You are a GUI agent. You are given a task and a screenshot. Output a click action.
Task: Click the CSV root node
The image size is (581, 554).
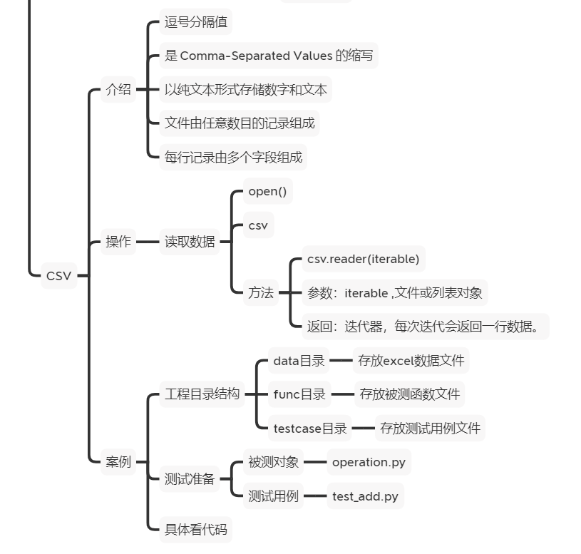pos(58,276)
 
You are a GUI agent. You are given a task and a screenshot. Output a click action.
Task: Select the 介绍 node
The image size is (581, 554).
pos(118,89)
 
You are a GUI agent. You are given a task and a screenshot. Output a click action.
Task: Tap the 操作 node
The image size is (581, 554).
pos(118,242)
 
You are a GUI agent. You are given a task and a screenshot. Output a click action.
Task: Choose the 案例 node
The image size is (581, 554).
pos(118,462)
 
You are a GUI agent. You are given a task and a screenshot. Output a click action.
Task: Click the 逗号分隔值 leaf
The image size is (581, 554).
pos(196,22)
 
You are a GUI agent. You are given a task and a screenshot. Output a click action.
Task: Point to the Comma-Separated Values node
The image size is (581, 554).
pos(269,56)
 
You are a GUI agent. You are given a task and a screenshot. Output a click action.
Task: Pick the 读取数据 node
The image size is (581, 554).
pos(190,242)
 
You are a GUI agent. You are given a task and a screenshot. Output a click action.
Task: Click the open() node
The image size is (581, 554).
pos(267,192)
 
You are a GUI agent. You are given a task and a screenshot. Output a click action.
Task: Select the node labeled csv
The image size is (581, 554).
pos(258,225)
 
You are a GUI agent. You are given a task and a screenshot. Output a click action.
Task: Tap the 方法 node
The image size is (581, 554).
pos(261,292)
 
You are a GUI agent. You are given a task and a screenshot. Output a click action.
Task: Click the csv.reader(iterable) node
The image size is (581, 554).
pos(363,259)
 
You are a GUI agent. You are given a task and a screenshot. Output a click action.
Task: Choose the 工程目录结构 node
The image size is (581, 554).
pos(202,394)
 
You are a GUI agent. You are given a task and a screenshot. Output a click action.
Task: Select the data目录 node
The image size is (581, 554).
pos(299,361)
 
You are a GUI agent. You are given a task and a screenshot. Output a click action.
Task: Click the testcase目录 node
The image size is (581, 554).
pos(310,429)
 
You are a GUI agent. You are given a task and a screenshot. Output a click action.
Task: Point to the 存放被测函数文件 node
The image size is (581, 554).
pos(410,394)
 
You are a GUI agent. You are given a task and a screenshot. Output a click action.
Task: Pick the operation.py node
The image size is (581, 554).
pos(369,462)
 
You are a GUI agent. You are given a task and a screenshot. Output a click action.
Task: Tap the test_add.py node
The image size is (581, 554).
pos(365,496)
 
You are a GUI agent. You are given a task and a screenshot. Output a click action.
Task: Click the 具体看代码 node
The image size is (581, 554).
pos(196,530)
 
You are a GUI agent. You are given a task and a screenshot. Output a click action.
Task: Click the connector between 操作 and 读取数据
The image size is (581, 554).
pos(148,242)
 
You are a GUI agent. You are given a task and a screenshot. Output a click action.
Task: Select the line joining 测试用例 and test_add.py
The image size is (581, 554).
pos(314,496)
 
